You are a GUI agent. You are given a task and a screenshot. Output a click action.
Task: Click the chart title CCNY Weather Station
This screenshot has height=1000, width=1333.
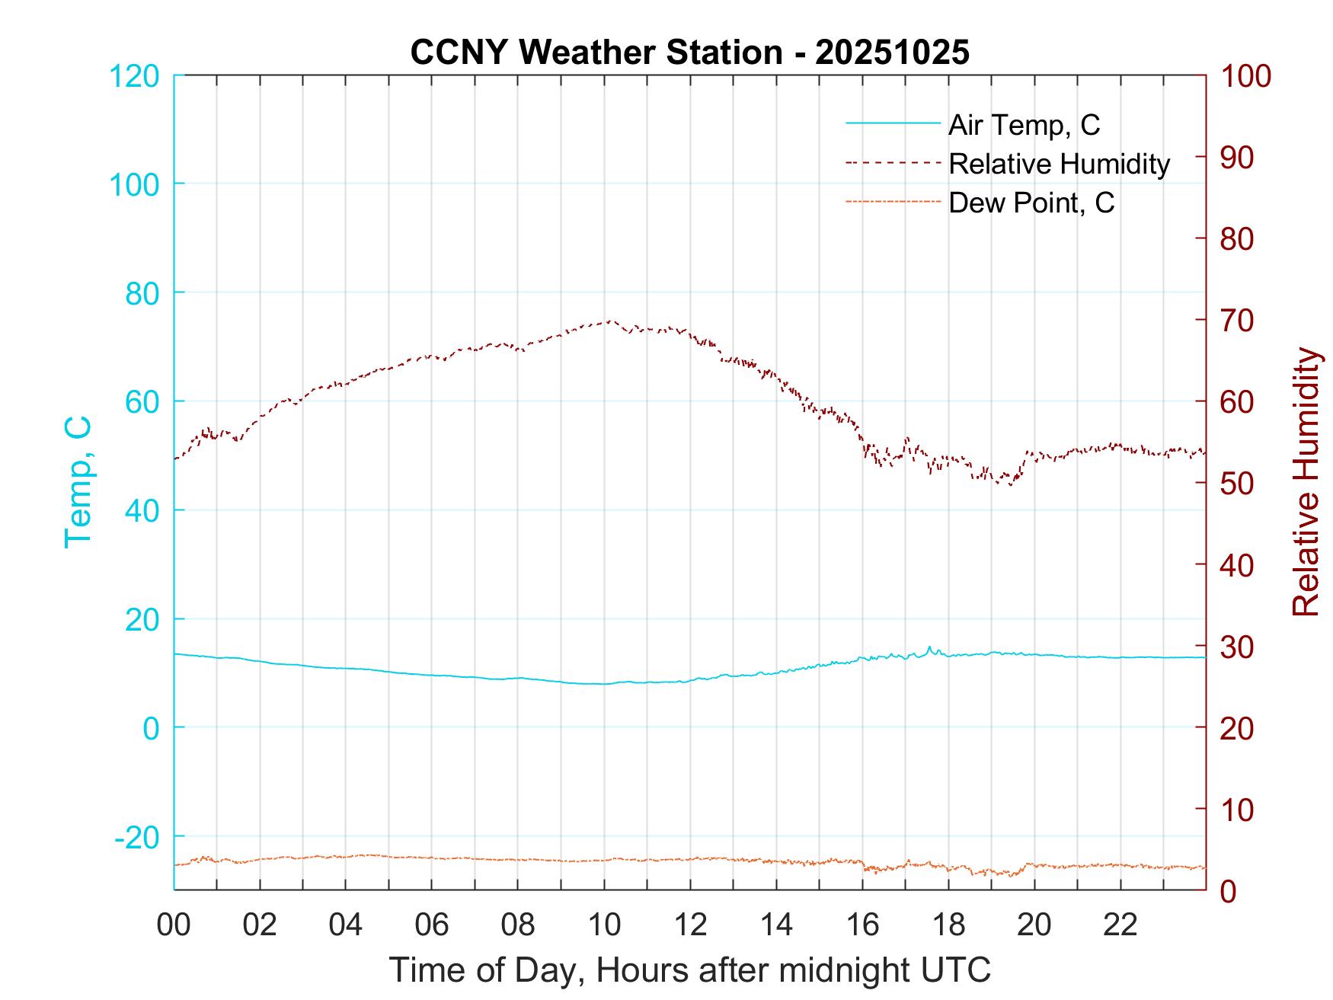689,53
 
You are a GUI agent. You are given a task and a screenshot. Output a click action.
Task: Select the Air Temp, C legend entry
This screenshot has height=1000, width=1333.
1023,124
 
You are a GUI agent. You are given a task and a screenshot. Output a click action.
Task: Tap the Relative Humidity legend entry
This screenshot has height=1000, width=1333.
1059,164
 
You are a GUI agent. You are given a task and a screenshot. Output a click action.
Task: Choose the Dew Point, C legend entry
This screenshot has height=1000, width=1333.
1031,203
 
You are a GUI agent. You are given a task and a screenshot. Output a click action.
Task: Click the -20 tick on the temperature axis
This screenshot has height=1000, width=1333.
137,837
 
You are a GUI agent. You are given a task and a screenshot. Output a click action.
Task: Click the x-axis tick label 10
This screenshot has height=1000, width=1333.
604,925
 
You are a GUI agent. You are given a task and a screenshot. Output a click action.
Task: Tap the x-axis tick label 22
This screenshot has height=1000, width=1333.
1120,925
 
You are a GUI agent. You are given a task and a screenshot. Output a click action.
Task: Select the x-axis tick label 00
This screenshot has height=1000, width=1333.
174,925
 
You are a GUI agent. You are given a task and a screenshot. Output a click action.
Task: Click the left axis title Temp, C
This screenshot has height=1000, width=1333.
78,481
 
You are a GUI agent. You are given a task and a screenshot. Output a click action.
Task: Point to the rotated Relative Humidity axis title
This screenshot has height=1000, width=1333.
1306,481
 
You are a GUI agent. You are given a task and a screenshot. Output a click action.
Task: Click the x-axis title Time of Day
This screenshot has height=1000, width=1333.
689,970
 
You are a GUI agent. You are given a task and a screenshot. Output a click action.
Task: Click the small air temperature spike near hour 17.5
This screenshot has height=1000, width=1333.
929,647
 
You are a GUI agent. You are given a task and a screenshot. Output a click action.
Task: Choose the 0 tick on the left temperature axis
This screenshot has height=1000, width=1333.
152,728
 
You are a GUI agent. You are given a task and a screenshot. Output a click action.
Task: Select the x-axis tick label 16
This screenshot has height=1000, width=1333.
862,925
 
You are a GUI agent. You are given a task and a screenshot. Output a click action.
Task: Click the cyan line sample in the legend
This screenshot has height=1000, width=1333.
893,123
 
